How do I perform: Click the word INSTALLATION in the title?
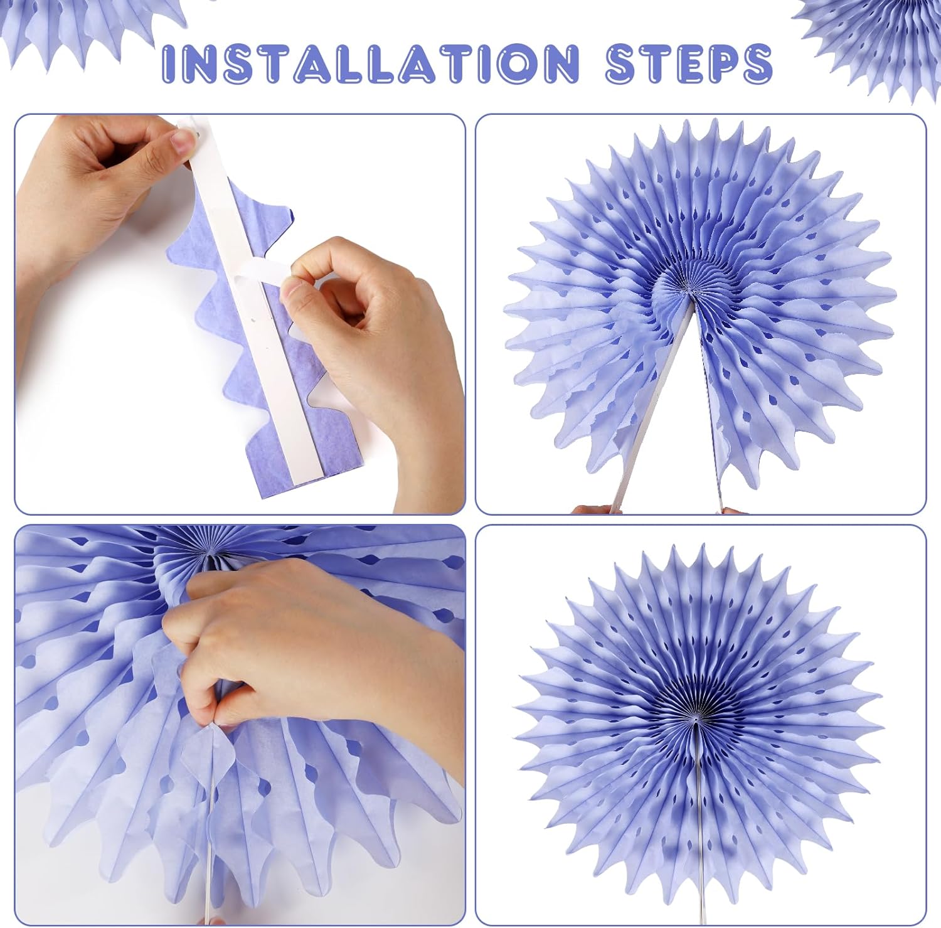pyautogui.click(x=369, y=63)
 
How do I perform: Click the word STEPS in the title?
pyautogui.click(x=689, y=63)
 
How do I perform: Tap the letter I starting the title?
pyautogui.click(x=169, y=63)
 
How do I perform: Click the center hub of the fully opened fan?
pyautogui.click(x=696, y=713)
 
